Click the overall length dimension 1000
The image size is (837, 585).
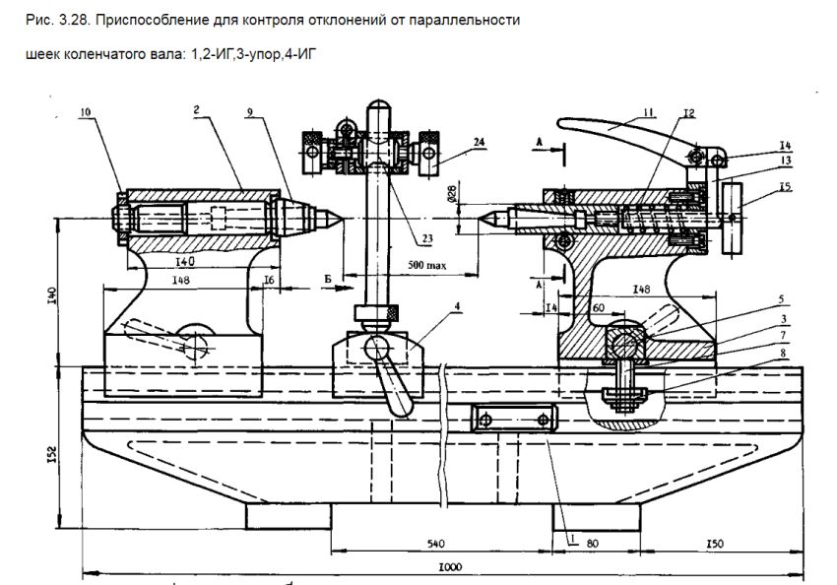[449, 567]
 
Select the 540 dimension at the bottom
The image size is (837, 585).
[435, 544]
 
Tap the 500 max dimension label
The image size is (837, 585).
[427, 265]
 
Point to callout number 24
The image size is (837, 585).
[479, 142]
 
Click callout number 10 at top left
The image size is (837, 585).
[86, 112]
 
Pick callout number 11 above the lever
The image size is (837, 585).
[648, 112]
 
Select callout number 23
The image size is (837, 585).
[427, 238]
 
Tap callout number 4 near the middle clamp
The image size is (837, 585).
[457, 306]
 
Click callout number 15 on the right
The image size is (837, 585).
[785, 187]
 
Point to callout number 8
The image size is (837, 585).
[783, 353]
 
